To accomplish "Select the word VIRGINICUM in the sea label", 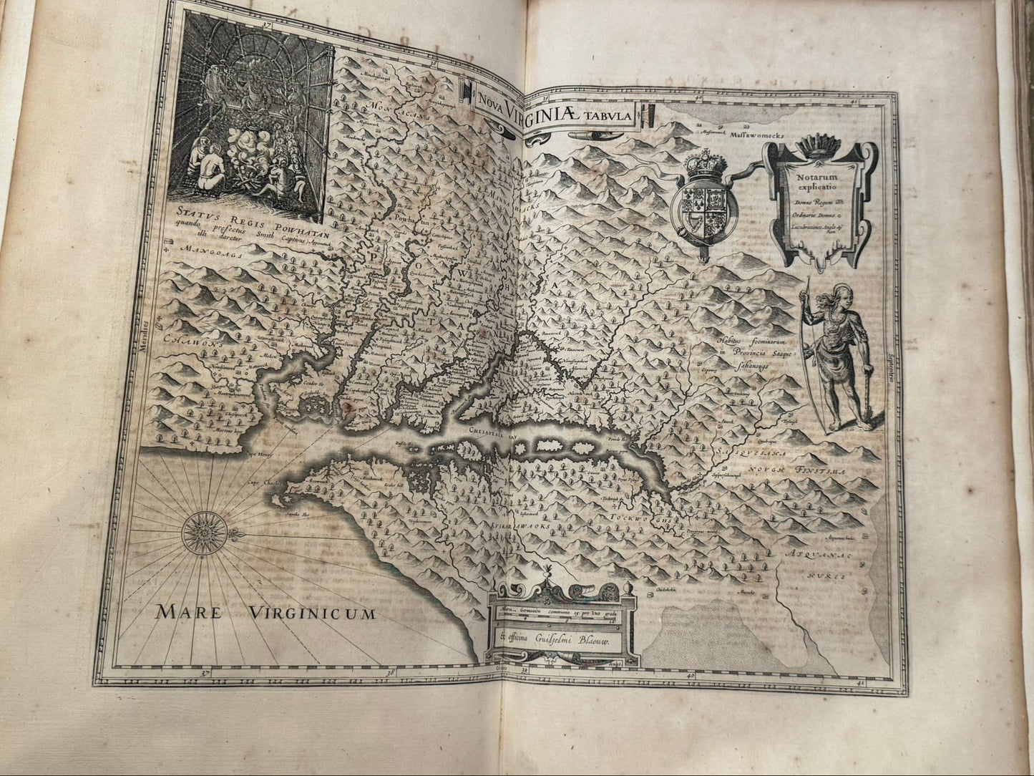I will pyautogui.click(x=313, y=613).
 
